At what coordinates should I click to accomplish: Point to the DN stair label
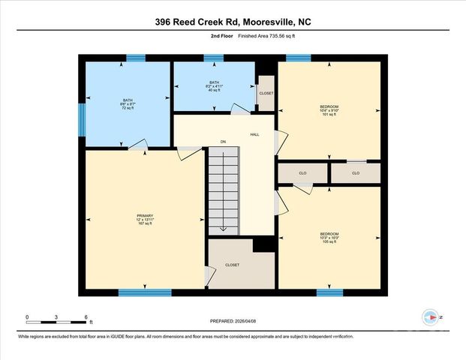pyautogui.click(x=223, y=141)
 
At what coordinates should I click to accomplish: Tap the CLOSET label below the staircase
pyautogui.click(x=232, y=265)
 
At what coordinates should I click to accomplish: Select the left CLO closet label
pyautogui.click(x=302, y=173)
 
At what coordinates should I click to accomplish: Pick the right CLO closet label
pyautogui.click(x=356, y=173)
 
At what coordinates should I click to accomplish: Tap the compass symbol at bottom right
pyautogui.click(x=430, y=317)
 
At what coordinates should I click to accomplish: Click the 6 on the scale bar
pyautogui.click(x=86, y=317)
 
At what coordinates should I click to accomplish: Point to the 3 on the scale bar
pyautogui.click(x=57, y=317)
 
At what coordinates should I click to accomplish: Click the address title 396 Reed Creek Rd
pyautogui.click(x=233, y=22)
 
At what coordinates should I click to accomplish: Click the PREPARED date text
pyautogui.click(x=233, y=322)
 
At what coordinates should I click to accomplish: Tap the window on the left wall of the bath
pyautogui.click(x=82, y=120)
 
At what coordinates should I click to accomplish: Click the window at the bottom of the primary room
pyautogui.click(x=140, y=292)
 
